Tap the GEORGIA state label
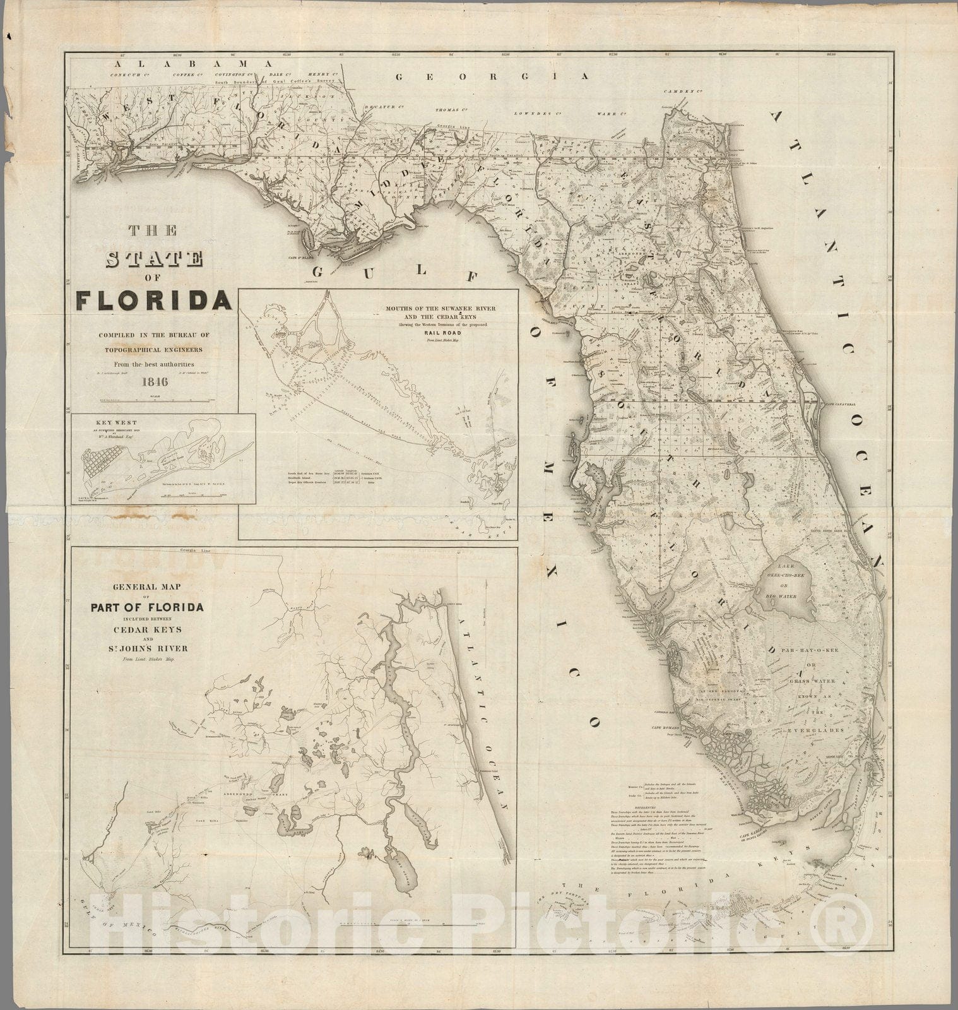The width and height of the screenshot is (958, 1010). [492, 76]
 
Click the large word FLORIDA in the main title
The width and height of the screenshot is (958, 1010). [154, 300]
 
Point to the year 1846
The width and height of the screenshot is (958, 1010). [155, 381]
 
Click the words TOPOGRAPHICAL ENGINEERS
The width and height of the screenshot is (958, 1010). [155, 349]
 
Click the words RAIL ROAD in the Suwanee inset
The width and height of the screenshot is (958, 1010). [442, 333]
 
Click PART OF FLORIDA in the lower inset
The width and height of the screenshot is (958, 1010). [146, 607]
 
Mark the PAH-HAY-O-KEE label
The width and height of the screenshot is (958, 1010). [813, 647]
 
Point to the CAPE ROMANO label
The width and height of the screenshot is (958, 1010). [668, 728]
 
